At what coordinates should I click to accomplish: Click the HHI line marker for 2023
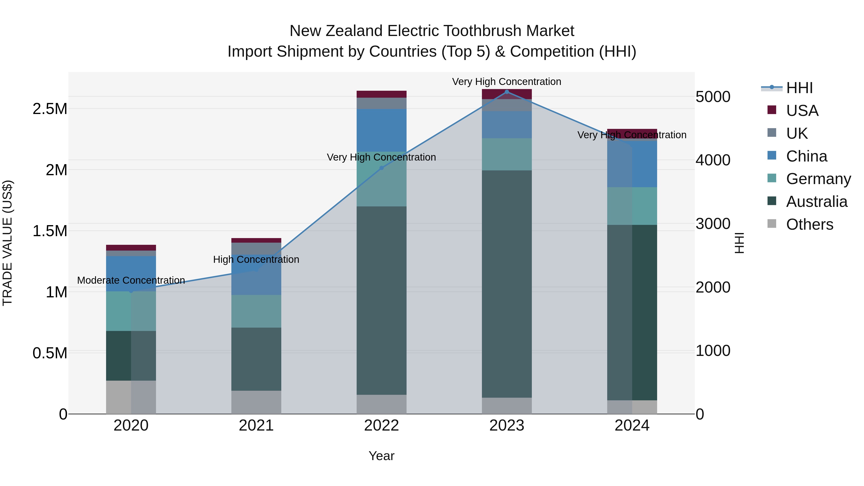click(x=507, y=92)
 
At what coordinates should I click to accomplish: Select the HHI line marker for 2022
click(x=381, y=168)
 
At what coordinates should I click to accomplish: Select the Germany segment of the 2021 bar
click(x=256, y=311)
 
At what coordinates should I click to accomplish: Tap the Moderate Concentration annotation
click(x=131, y=280)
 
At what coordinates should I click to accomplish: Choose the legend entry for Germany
click(x=818, y=179)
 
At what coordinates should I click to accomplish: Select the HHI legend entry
click(x=799, y=88)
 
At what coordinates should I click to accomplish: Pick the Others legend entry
click(x=809, y=224)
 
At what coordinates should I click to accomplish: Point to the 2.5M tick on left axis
click(x=50, y=109)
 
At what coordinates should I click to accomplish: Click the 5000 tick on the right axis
click(x=713, y=97)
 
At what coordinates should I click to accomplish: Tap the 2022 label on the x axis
click(x=381, y=426)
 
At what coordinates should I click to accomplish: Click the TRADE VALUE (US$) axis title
click(x=7, y=243)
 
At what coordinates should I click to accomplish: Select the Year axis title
click(x=381, y=456)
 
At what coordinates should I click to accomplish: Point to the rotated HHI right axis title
click(x=739, y=243)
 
